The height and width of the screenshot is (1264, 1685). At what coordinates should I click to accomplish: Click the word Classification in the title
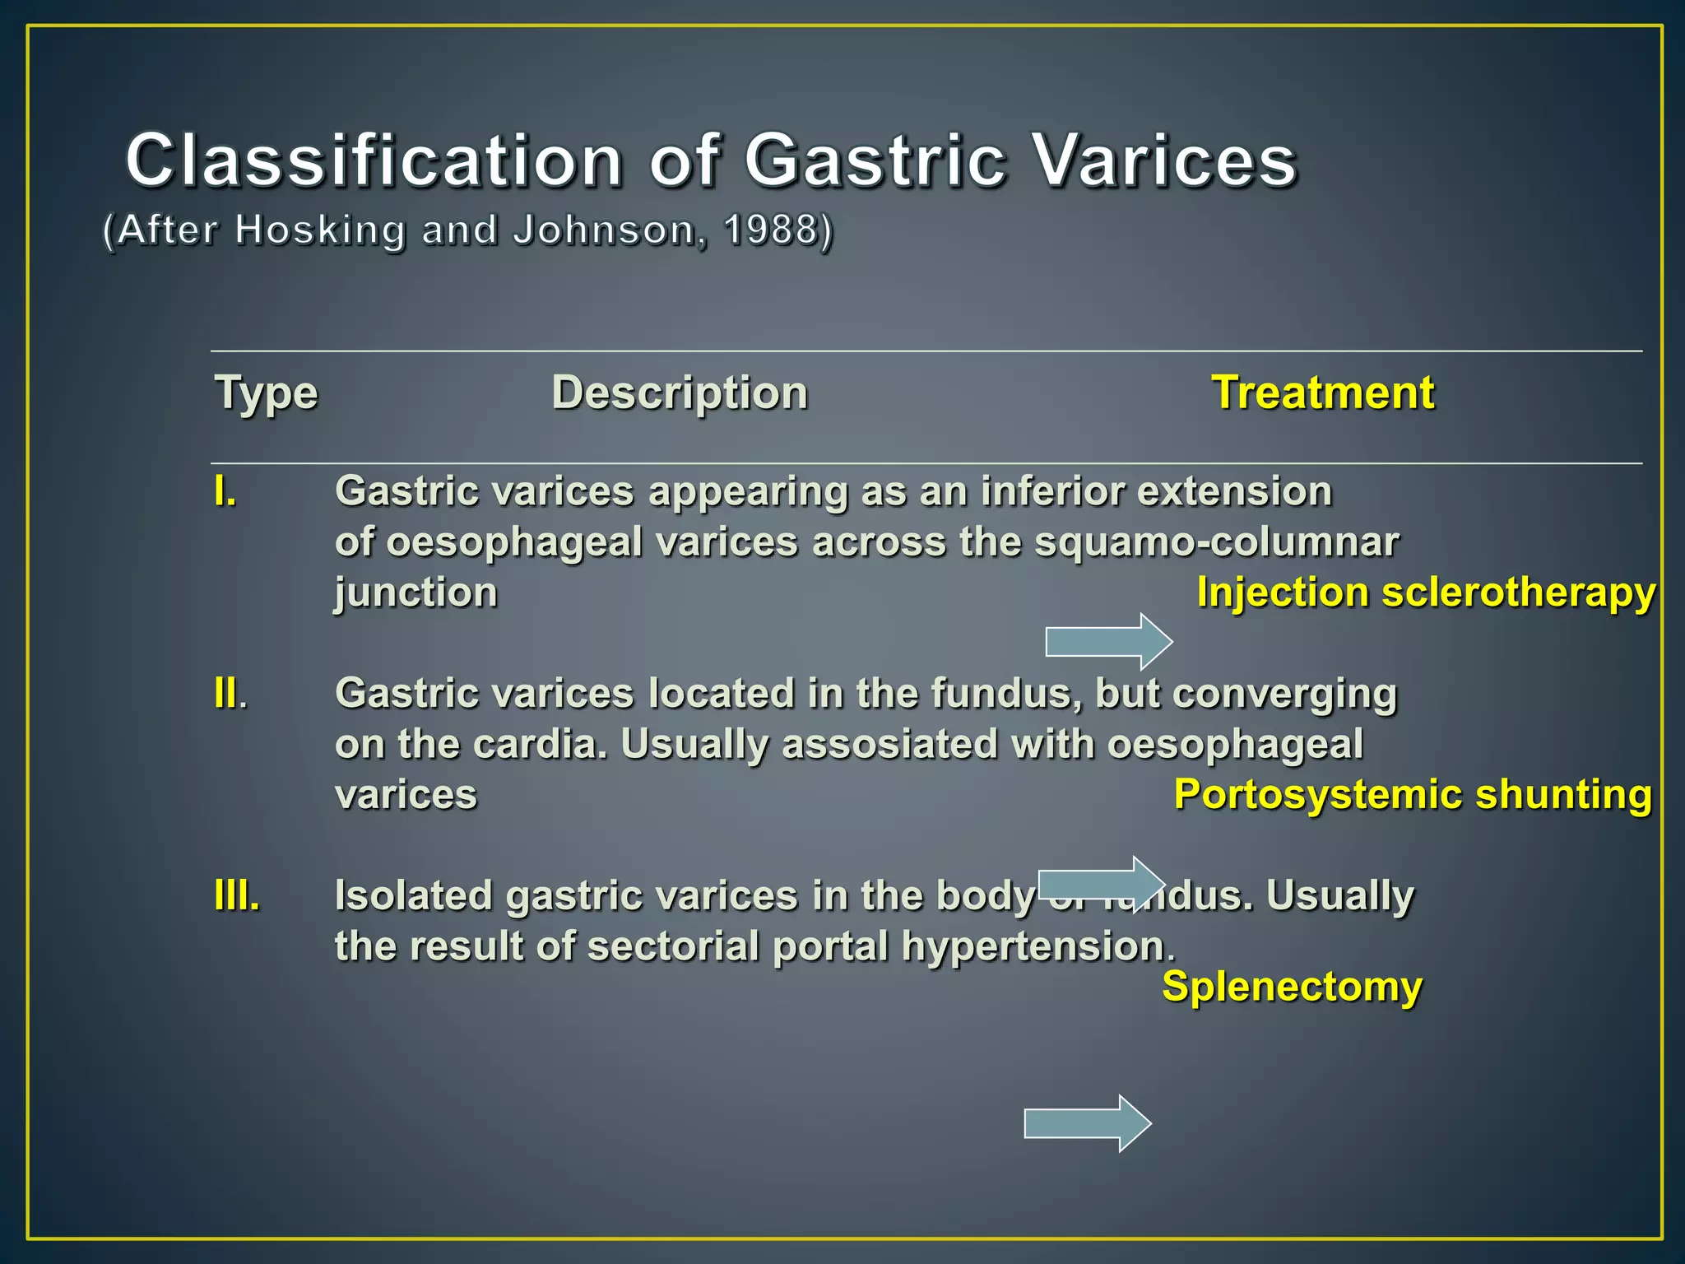tap(374, 160)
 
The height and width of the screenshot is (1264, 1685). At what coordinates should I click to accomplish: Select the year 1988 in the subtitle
tap(771, 230)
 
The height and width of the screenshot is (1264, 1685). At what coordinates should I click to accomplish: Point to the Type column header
tap(266, 393)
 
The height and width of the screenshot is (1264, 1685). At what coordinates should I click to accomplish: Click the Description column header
tap(680, 393)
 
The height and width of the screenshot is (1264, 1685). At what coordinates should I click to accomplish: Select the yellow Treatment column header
tap(1323, 393)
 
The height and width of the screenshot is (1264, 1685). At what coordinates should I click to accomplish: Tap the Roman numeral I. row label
tap(225, 492)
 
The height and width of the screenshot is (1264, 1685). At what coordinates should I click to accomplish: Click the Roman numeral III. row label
tap(237, 895)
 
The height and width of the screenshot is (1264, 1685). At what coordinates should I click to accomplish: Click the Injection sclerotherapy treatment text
tap(1426, 592)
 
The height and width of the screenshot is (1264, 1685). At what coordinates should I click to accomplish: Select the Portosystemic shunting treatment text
tap(1413, 795)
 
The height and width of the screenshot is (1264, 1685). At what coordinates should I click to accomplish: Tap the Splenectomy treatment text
tap(1292, 987)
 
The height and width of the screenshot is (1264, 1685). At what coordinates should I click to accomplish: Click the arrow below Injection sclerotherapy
tap(1108, 641)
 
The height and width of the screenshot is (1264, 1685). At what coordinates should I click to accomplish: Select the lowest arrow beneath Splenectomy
tap(1087, 1123)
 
